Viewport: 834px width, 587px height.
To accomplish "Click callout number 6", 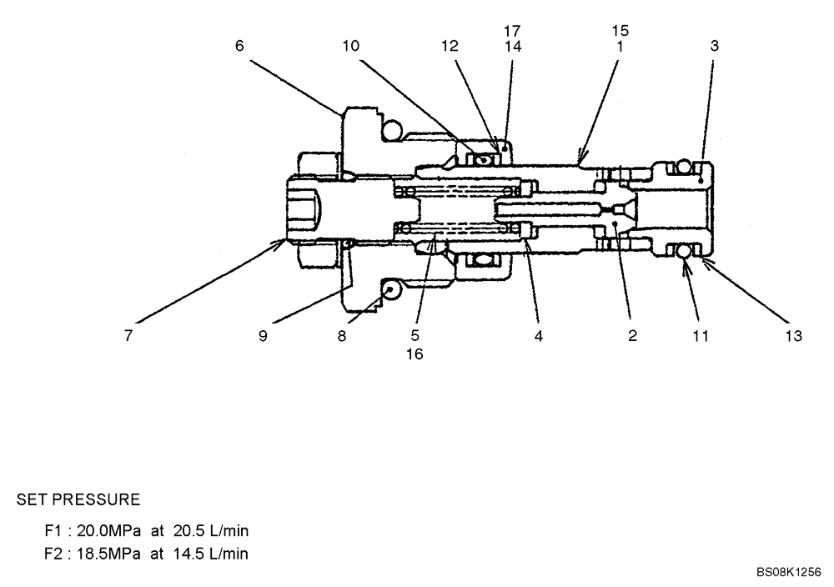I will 239,46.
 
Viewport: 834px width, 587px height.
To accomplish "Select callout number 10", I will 351,46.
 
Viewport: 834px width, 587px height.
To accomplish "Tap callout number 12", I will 450,46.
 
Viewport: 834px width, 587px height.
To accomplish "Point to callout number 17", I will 512,31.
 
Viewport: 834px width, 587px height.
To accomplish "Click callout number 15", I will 620,31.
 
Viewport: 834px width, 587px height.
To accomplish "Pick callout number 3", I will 714,46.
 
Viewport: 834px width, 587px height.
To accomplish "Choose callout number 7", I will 128,336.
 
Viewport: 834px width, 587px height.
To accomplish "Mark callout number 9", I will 263,336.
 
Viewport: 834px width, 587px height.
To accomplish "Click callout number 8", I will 341,336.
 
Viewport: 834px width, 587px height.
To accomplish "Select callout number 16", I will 414,354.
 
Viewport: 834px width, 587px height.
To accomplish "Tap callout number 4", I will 539,336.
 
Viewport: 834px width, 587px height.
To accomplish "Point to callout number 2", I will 632,336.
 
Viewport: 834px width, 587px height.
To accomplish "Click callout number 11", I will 701,336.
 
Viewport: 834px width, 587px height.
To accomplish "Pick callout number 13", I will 793,336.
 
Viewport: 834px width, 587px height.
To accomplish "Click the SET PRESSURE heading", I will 78,500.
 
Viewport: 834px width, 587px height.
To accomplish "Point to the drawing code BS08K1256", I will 789,573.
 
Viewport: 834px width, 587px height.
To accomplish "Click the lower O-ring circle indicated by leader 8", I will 390,289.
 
